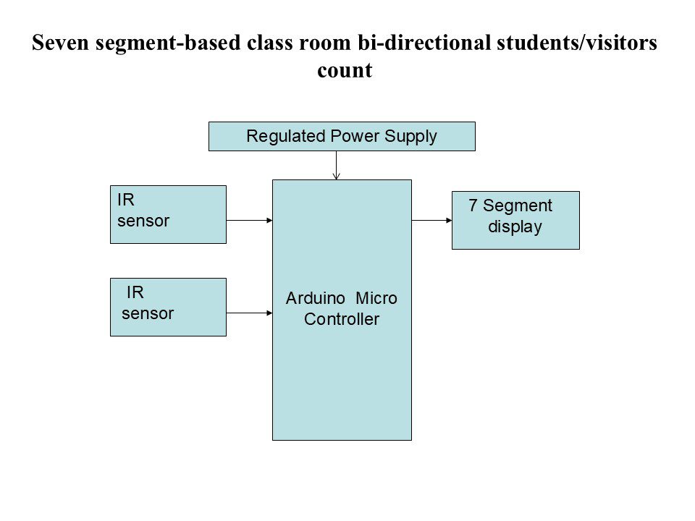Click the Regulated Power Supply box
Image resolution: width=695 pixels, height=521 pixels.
342,137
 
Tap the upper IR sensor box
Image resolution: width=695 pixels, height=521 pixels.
168,214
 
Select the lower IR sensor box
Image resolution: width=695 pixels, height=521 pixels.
168,307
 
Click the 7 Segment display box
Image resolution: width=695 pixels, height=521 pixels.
515,220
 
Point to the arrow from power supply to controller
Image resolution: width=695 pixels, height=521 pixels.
337,165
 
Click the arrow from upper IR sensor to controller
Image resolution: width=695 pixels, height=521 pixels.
250,220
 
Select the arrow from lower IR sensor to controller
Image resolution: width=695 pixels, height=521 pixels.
250,313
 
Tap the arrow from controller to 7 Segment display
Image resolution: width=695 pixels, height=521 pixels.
431,220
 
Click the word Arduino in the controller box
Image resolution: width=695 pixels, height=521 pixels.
316,298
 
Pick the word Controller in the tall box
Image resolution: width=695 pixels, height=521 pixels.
342,319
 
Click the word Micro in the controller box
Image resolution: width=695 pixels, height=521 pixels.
376,298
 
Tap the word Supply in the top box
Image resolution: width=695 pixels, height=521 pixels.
411,136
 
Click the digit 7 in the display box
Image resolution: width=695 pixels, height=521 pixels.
473,205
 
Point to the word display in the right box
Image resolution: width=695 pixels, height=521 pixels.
515,226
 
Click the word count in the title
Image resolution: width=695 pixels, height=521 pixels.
345,70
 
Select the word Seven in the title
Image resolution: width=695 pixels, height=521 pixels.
60,43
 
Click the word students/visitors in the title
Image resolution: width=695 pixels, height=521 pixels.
577,43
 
